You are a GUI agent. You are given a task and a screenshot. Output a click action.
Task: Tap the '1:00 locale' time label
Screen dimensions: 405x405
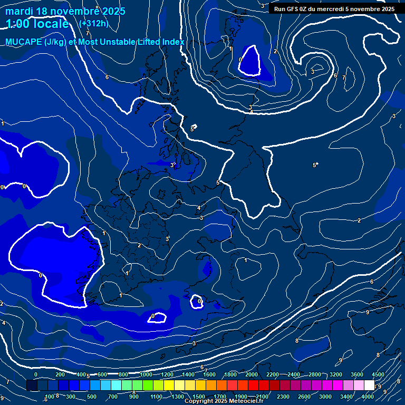[37, 24]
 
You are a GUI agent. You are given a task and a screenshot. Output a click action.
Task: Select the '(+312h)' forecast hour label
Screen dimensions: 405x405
[94, 23]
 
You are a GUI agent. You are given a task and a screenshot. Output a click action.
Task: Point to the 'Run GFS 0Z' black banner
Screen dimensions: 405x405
[334, 9]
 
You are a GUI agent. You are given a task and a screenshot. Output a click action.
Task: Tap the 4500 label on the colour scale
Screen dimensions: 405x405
[378, 374]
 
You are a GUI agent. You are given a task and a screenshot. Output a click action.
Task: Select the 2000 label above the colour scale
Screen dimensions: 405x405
[252, 374]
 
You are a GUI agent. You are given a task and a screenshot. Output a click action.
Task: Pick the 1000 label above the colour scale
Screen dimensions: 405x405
[146, 374]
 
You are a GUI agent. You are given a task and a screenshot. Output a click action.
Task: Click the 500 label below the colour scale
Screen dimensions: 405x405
[92, 397]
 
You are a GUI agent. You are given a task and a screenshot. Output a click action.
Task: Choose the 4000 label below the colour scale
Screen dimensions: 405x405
[368, 397]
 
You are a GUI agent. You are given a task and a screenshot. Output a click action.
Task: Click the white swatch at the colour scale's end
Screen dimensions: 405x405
[370, 385]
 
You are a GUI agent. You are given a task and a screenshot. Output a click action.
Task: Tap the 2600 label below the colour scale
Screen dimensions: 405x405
[304, 397]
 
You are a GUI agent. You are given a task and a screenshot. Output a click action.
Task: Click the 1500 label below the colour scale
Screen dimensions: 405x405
[199, 397]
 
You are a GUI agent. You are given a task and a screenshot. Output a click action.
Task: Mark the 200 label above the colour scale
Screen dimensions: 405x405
[60, 374]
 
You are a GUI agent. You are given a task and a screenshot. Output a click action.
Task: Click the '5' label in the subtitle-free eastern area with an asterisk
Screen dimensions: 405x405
[314, 165]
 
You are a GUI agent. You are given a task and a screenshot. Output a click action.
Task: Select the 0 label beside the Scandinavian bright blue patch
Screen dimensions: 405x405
[240, 60]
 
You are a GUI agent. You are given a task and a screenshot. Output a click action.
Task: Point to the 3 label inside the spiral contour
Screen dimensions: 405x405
[313, 72]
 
